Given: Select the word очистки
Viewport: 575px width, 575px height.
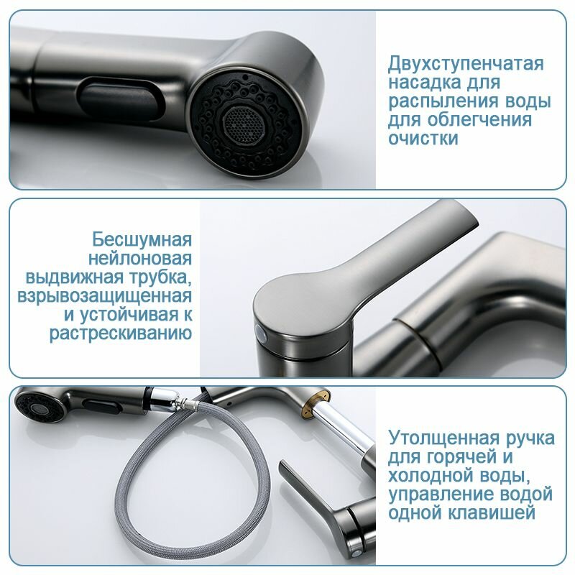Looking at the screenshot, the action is tap(423, 139).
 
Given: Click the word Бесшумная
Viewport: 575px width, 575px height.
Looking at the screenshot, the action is tap(142, 239).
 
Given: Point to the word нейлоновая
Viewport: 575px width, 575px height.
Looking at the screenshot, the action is tap(140, 258).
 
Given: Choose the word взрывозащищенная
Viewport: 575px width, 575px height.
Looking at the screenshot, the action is tap(104, 296).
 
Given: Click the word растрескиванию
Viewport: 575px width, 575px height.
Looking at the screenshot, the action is tap(121, 333).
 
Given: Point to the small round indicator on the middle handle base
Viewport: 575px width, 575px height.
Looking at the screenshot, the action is tap(262, 333).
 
